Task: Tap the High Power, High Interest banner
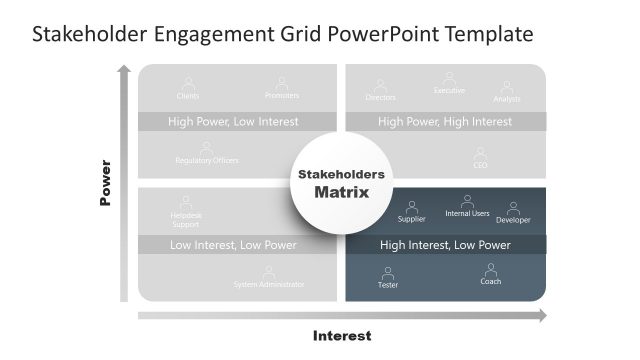445,122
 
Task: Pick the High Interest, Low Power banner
445,245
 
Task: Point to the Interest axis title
342,336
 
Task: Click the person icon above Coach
491,269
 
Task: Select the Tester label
388,285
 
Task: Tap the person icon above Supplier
411,207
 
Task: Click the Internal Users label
467,213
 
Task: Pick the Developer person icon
513,208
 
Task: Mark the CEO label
480,165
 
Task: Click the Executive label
449,91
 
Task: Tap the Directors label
381,97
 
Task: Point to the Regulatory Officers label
207,160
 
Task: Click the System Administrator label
269,285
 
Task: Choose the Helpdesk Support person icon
186,201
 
